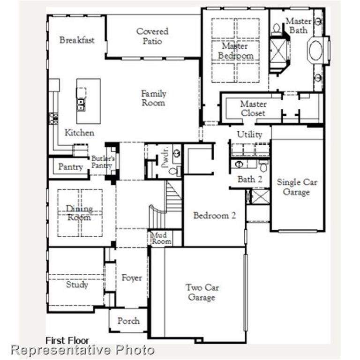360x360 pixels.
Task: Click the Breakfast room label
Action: coord(77,40)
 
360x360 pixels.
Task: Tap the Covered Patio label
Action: coord(152,36)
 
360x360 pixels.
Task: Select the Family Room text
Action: coord(153,97)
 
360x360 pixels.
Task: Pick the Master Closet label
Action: coord(253,108)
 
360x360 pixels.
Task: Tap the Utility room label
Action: coord(249,135)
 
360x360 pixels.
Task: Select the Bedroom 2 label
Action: coord(214,215)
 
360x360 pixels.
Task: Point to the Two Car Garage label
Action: coord(202,292)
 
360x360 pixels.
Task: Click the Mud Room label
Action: coord(161,238)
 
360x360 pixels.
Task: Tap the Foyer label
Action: coord(132,278)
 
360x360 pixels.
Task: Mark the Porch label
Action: coord(128,321)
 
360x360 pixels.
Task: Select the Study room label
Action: coord(77,284)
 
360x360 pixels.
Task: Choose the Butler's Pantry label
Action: coord(102,162)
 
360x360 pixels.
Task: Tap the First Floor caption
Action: coord(67,340)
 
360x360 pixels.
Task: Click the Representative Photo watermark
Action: coord(82,350)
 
